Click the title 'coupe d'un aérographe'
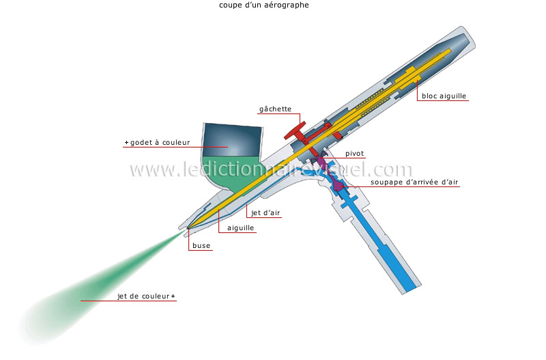(264, 5)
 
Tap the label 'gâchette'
(275, 109)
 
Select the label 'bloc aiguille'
(444, 96)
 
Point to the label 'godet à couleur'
(160, 142)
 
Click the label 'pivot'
(354, 153)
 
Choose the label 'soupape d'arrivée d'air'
(414, 182)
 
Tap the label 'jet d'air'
(265, 212)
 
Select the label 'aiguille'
(241, 228)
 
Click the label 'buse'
(201, 245)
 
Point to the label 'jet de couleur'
(143, 296)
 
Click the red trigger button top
(295, 130)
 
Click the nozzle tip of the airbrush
(188, 228)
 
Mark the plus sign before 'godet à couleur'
(126, 143)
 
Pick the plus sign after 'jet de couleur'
(173, 296)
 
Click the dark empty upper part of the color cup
(232, 140)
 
